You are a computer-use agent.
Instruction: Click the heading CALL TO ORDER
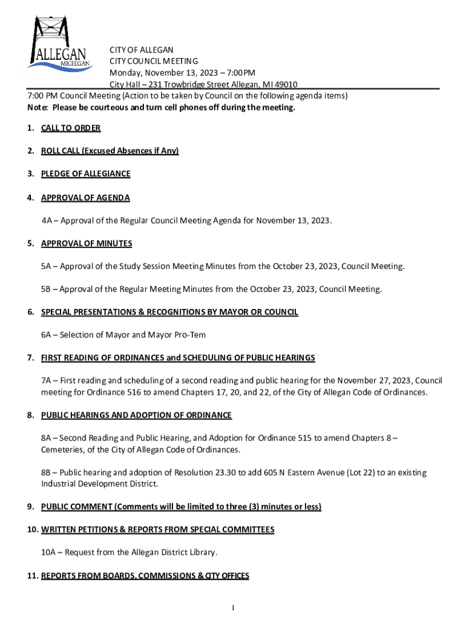click(x=71, y=128)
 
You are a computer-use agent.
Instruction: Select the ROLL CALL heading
click(x=110, y=151)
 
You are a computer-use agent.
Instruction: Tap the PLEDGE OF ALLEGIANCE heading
click(x=85, y=173)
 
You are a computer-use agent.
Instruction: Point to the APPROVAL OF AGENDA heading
click(x=85, y=198)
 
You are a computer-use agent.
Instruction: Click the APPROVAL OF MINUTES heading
click(x=87, y=244)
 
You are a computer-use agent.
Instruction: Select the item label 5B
click(x=47, y=290)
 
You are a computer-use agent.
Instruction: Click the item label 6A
click(x=47, y=335)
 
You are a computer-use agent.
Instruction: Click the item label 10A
click(x=49, y=553)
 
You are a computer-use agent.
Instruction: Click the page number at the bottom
click(x=233, y=608)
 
